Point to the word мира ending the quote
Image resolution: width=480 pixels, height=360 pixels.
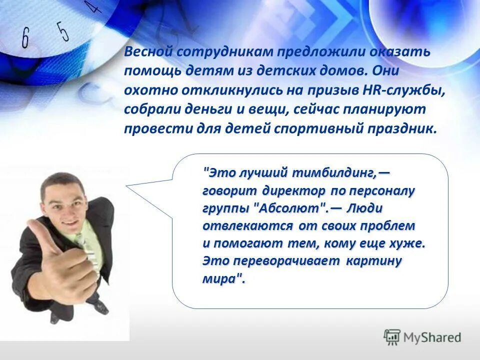coord(219,278)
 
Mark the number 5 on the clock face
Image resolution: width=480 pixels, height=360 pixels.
coord(62,31)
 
